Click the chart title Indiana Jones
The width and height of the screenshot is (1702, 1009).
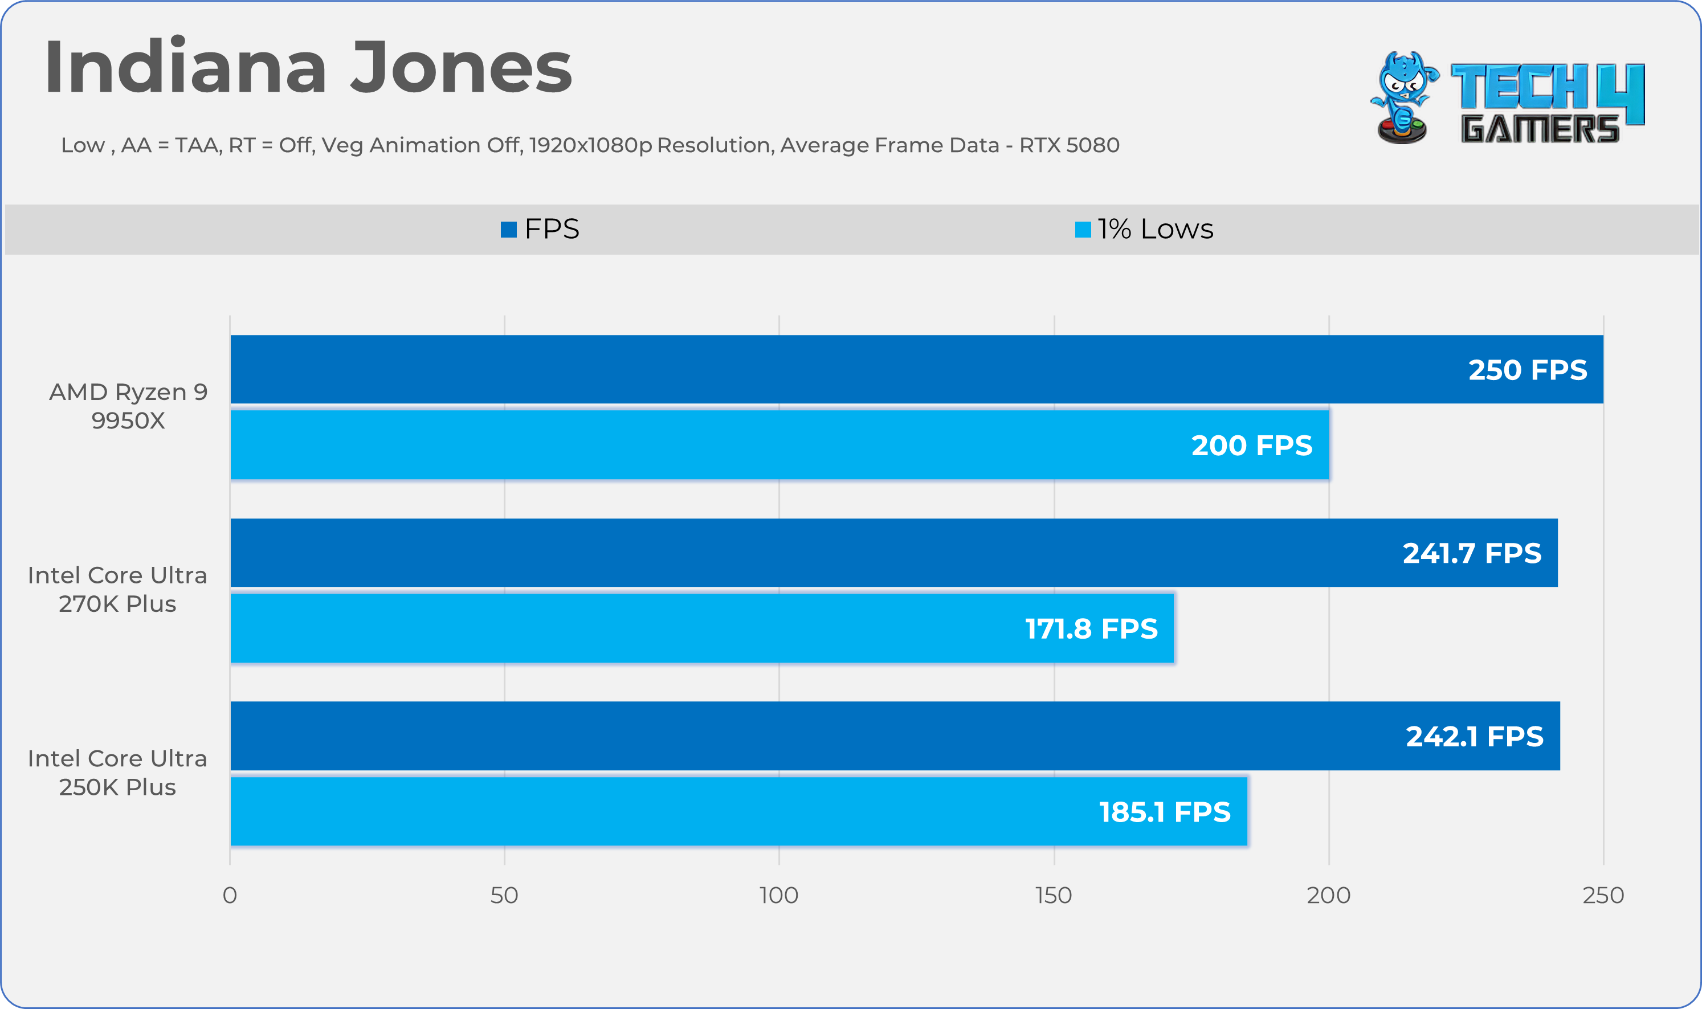tap(308, 68)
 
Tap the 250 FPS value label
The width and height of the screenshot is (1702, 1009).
tap(1527, 370)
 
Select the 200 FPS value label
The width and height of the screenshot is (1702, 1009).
tap(1252, 446)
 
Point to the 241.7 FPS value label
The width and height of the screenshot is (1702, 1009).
tap(1471, 553)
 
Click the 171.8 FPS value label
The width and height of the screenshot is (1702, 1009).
tap(1091, 629)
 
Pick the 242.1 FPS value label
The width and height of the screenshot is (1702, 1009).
tap(1474, 736)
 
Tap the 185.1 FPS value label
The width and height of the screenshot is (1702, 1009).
tap(1164, 812)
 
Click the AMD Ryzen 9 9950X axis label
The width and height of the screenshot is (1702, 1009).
tap(128, 406)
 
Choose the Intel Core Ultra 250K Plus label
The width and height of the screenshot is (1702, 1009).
tap(117, 773)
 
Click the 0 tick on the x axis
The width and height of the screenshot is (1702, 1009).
tap(230, 896)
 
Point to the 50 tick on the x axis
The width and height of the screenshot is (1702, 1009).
tap(504, 896)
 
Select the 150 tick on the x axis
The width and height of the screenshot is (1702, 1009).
tap(1054, 896)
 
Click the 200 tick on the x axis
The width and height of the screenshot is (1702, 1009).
tap(1328, 896)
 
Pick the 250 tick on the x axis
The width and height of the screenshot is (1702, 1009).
tap(1603, 896)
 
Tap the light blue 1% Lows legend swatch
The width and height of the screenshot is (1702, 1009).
tap(1083, 230)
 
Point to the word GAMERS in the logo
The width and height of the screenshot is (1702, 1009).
tap(1540, 129)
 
